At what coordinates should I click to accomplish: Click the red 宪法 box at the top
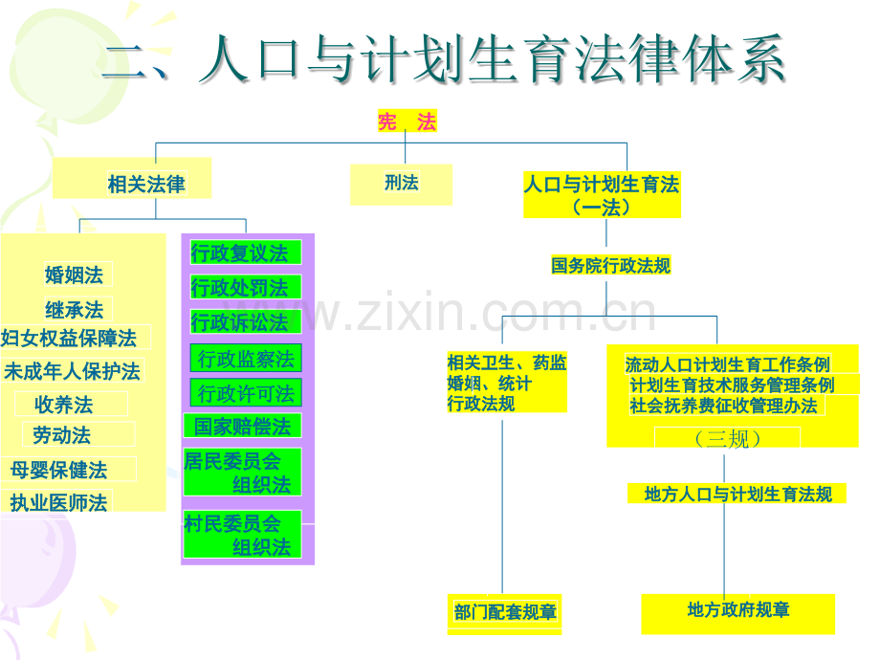pos(407,121)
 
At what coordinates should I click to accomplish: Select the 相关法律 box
pos(132,178)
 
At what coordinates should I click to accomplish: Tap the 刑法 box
pos(402,185)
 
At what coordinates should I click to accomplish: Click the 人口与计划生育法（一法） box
pos(603,195)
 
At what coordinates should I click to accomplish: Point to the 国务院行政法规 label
pos(610,265)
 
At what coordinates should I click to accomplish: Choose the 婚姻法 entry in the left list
pos(74,275)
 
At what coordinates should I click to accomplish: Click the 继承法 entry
pos(74,309)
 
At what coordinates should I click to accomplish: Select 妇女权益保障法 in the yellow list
pos(69,338)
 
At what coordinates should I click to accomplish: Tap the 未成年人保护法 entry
pos(72,370)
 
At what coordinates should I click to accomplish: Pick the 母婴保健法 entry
pos(59,470)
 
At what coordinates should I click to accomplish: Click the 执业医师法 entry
pos(58,502)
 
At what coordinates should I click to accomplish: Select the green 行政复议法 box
pos(246,253)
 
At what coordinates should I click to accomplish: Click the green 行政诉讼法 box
pos(246,321)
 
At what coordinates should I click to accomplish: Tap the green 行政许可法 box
pos(246,392)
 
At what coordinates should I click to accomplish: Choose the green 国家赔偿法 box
pos(242,426)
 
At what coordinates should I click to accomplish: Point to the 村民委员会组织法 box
pos(242,535)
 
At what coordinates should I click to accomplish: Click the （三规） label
pos(727,438)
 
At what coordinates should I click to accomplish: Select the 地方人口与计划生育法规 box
pos(737,494)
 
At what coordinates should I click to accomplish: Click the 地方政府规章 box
pos(738,613)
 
